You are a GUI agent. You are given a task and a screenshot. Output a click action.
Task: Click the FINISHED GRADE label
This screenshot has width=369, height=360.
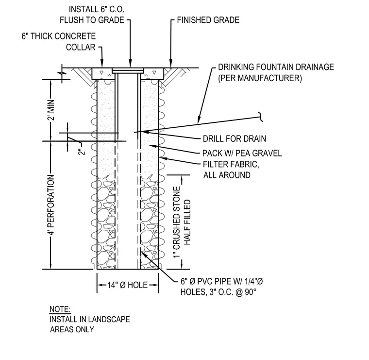pyautogui.click(x=208, y=20)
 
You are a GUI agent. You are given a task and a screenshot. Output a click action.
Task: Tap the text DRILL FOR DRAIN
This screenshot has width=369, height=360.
pyautogui.click(x=235, y=138)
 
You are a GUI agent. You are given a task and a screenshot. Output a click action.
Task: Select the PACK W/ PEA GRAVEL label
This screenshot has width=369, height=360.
pyautogui.click(x=242, y=153)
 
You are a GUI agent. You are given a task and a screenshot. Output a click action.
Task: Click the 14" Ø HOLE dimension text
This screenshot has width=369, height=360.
pyautogui.click(x=128, y=285)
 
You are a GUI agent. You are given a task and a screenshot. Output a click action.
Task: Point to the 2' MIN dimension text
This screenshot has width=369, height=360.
pyautogui.click(x=51, y=110)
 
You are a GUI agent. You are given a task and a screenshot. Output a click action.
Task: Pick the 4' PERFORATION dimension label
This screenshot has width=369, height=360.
pyautogui.click(x=51, y=205)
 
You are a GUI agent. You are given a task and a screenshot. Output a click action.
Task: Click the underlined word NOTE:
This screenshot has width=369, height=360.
pyautogui.click(x=60, y=309)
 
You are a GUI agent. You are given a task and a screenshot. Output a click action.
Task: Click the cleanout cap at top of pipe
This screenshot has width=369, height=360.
pyautogui.click(x=128, y=70)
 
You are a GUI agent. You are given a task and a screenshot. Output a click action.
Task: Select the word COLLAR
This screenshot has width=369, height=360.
pyautogui.click(x=81, y=47)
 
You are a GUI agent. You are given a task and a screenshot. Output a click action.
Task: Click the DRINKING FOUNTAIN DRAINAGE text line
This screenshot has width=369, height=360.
pyautogui.click(x=276, y=67)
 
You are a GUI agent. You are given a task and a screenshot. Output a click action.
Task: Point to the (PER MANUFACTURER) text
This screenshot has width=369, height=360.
pyautogui.click(x=260, y=78)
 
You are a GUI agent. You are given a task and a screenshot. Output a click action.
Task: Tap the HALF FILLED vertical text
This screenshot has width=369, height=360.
pyautogui.click(x=187, y=222)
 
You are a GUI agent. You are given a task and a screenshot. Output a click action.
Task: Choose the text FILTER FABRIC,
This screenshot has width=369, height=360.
pyautogui.click(x=231, y=164)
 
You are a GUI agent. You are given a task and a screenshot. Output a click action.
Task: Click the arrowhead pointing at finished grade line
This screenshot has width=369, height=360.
pyautogui.click(x=171, y=64)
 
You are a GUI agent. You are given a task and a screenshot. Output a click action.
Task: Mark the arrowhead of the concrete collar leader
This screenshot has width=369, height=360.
pyautogui.click(x=102, y=64)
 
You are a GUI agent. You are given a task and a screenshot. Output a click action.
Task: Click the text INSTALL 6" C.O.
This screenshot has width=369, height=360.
pyautogui.click(x=97, y=9)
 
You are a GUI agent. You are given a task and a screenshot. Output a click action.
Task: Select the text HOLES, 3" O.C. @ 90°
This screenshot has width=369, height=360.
pyautogui.click(x=218, y=292)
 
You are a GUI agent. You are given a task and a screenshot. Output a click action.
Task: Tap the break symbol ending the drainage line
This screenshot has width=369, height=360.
pyautogui.click(x=261, y=117)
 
